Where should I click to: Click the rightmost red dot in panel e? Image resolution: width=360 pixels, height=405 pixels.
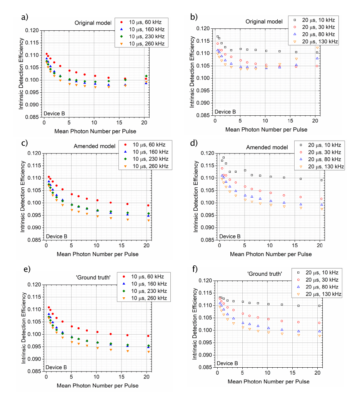(x=148, y=336)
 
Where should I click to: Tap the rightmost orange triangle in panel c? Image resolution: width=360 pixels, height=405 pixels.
(x=148, y=220)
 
